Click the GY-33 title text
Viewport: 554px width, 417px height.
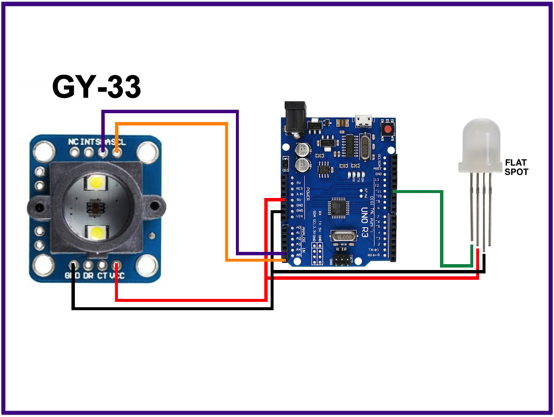[96, 87]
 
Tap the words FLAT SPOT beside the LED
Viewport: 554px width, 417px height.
[516, 167]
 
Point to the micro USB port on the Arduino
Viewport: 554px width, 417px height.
[363, 120]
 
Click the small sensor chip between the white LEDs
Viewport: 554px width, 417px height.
[93, 208]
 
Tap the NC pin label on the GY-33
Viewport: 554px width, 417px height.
[73, 142]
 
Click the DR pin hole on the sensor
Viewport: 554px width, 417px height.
[88, 266]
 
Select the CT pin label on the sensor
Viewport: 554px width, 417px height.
[102, 276]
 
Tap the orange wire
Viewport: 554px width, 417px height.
[226, 196]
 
